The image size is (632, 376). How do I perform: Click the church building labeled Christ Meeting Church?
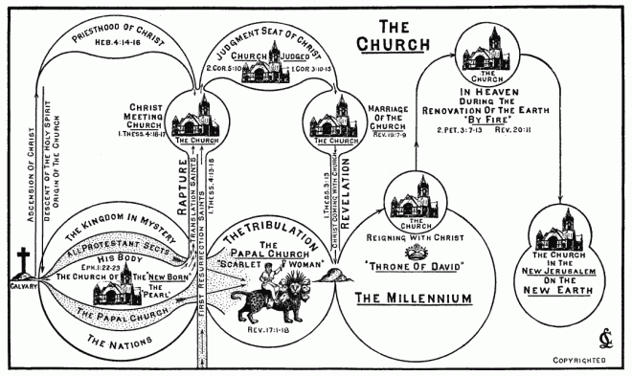pos(195,118)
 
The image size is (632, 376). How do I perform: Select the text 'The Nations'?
pos(107,339)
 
